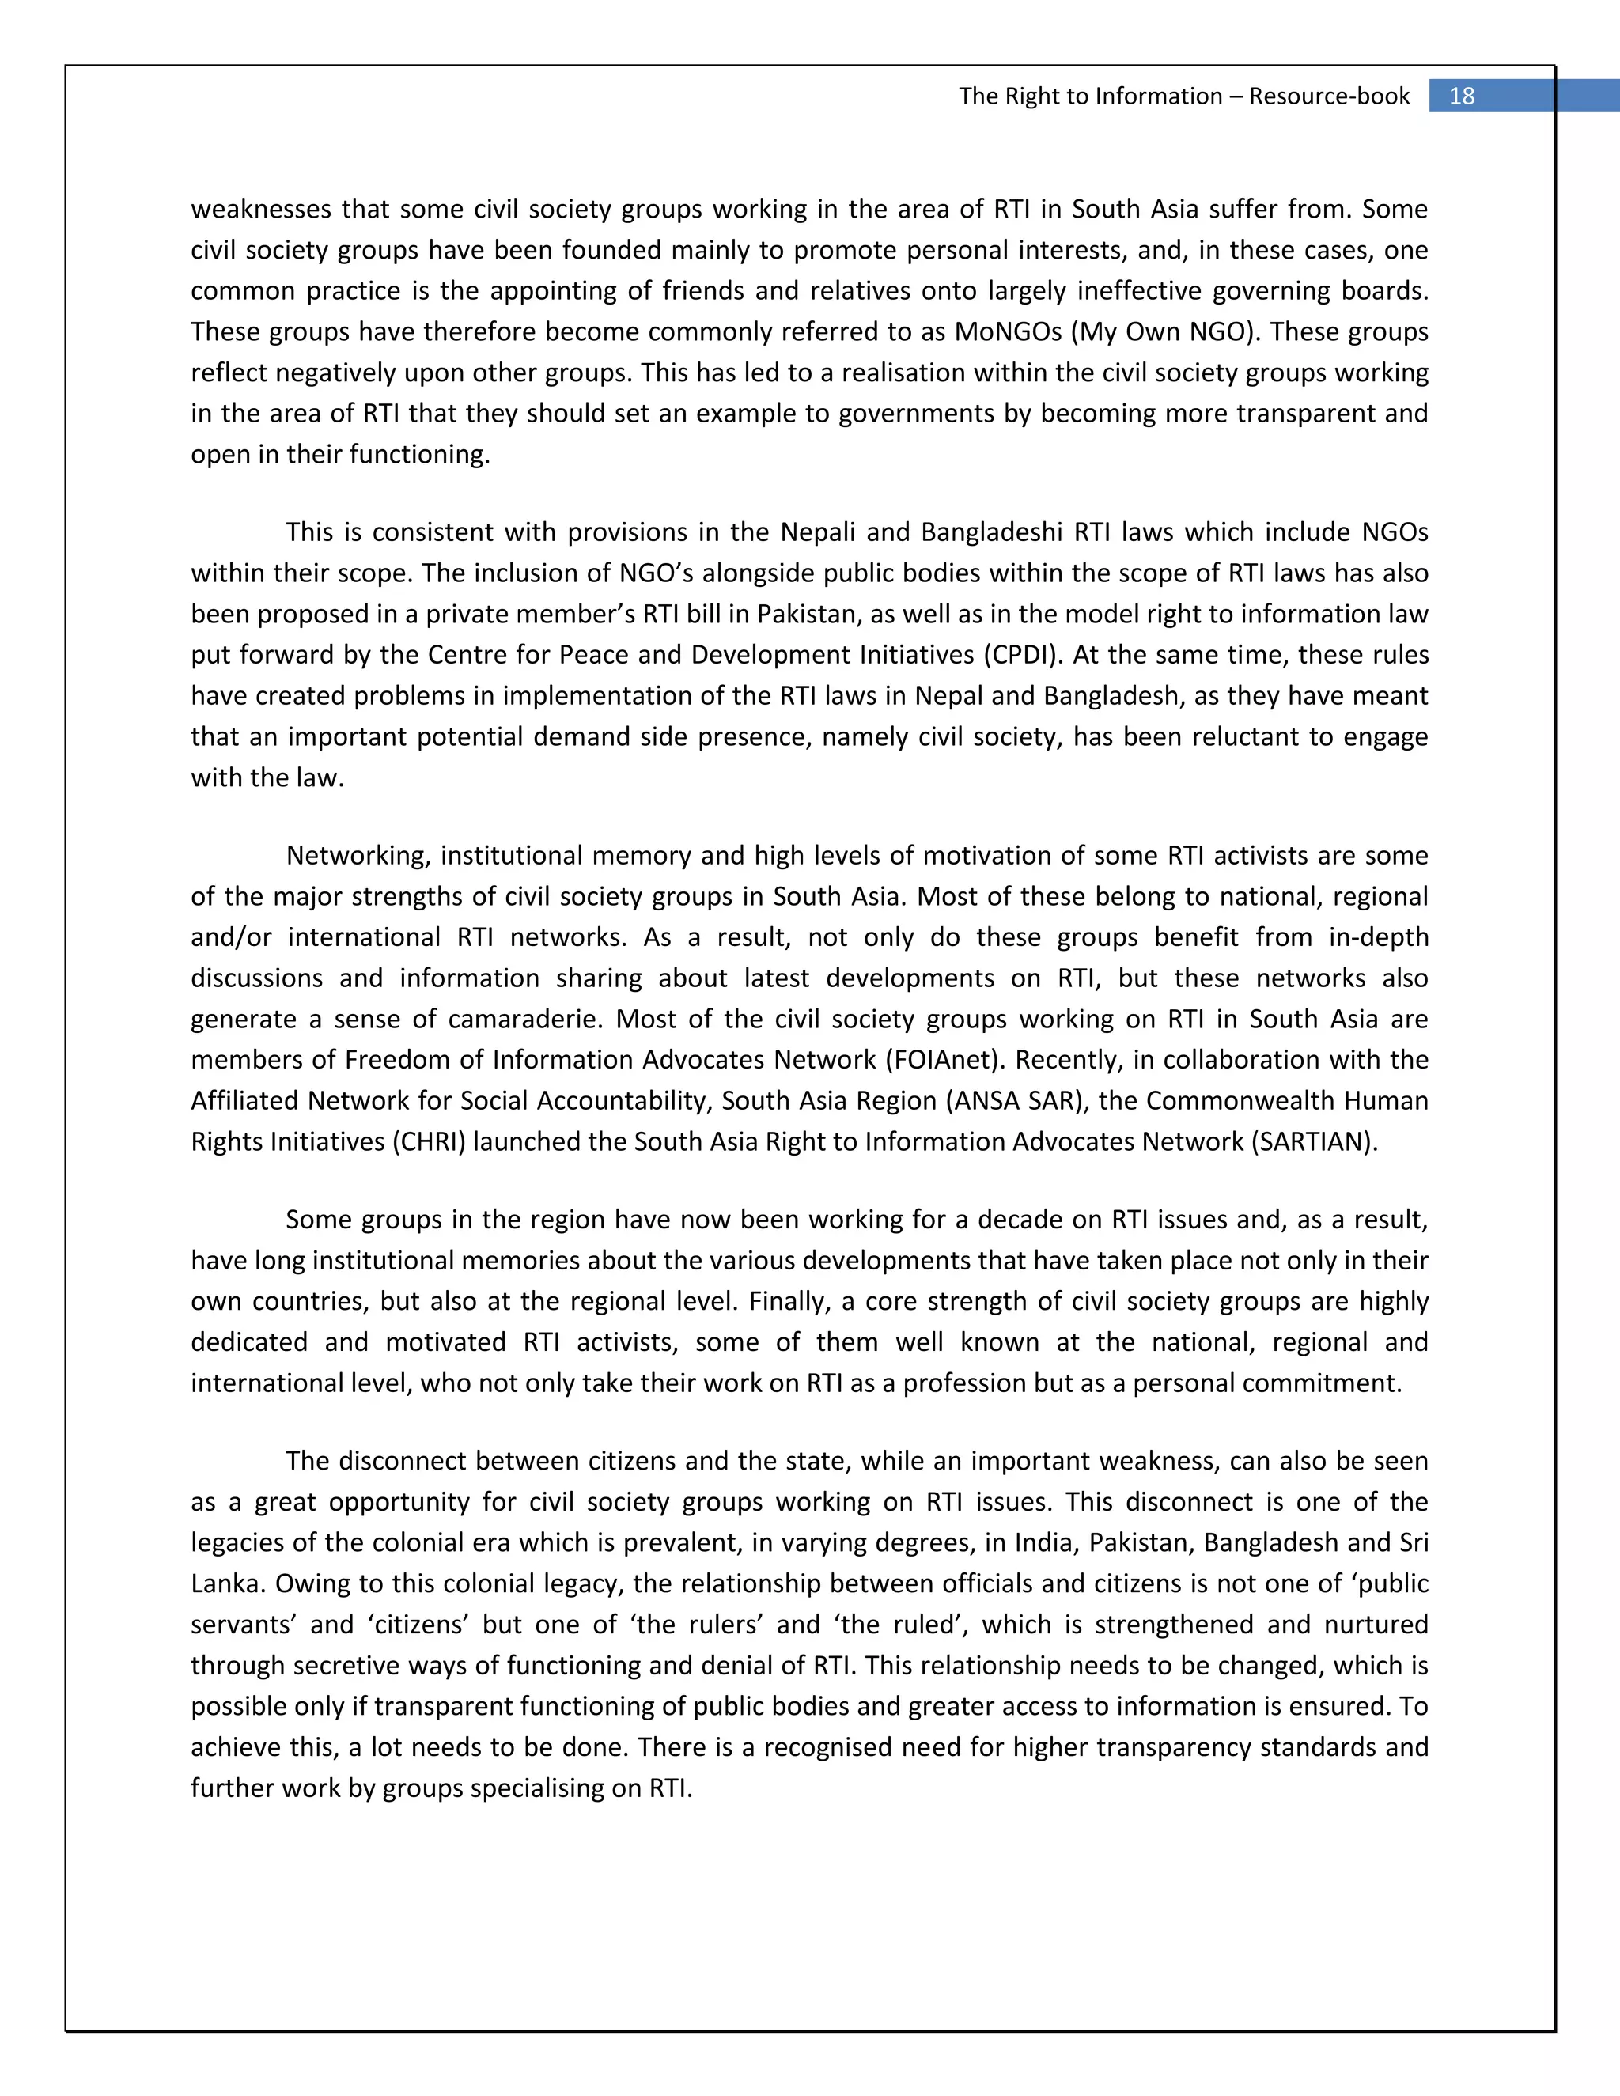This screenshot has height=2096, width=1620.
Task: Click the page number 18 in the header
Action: point(1462,96)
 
